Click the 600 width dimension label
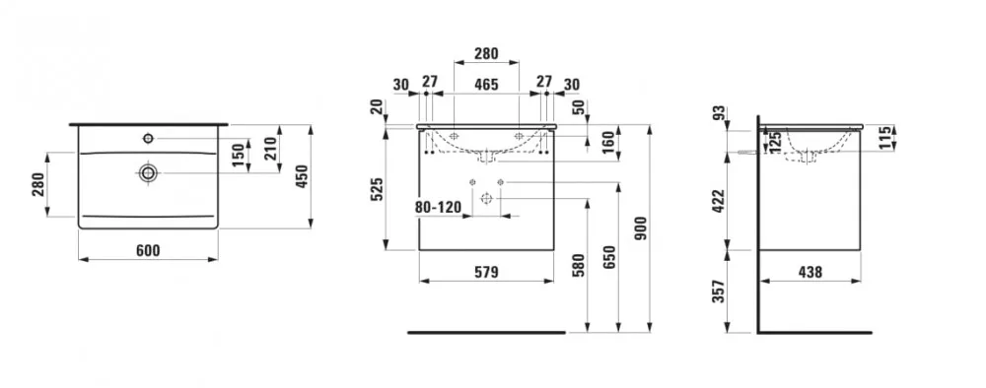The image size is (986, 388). coord(148,250)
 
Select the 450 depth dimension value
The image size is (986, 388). coord(303,177)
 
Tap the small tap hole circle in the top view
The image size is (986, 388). coord(149,138)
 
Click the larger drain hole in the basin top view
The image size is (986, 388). coord(149,172)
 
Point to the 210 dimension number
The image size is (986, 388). coord(271,149)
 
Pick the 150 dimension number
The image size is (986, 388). coord(238,155)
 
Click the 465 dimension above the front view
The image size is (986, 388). coord(486,84)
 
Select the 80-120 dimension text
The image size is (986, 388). coord(439,207)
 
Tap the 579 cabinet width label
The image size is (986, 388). coord(486,272)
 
